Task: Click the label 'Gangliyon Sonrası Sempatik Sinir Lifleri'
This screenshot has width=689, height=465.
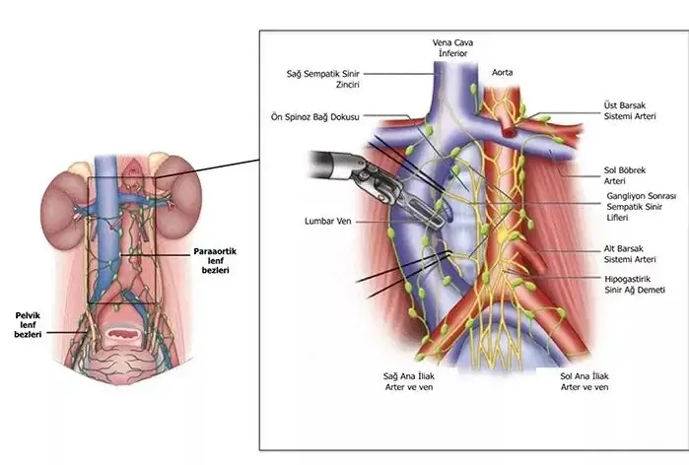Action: [638, 208]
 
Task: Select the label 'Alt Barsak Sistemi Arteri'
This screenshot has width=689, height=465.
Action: [630, 253]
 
